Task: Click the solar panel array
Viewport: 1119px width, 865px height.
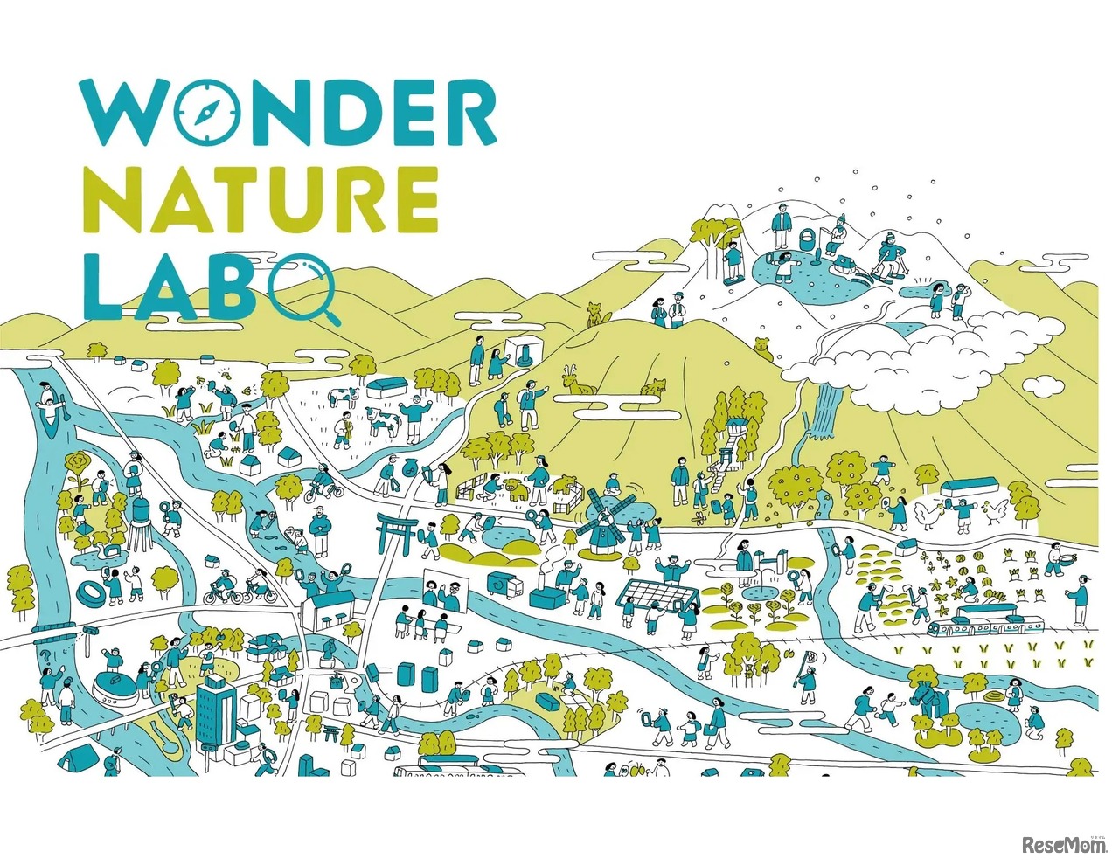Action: pyautogui.click(x=657, y=600)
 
